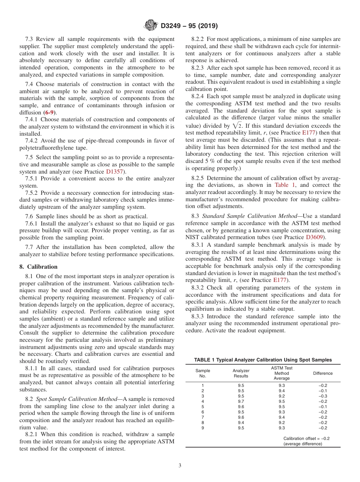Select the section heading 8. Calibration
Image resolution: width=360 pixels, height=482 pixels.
pos(38,267)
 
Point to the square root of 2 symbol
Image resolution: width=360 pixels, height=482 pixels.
pos(238,126)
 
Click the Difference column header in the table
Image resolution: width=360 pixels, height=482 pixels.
pos(322,373)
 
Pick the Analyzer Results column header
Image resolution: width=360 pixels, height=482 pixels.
pos(241,373)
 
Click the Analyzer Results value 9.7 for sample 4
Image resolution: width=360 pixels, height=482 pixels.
pos(241,401)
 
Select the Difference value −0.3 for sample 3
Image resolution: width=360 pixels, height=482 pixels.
pos(323,396)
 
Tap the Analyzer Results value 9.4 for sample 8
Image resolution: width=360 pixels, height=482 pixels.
pos(241,423)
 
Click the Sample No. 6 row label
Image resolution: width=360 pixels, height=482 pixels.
pos(203,412)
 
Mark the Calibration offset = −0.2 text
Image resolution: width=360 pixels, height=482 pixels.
pos(306,438)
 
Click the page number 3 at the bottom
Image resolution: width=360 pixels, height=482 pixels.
pos(180,466)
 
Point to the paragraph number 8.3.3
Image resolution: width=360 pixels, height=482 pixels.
pos(200,316)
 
